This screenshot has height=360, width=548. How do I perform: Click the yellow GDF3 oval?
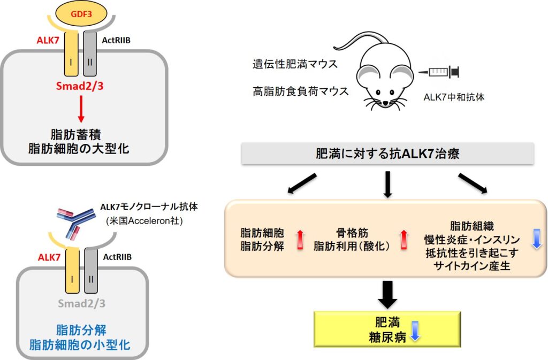tap(81, 14)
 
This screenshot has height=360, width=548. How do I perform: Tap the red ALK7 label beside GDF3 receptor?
tap(48, 40)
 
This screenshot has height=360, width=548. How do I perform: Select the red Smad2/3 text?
tap(80, 86)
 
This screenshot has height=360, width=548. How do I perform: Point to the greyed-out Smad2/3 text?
tap(81, 303)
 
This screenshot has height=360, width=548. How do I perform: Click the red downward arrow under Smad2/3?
tap(81, 109)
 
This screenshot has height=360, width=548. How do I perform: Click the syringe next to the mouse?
tap(439, 72)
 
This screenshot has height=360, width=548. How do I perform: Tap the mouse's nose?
tap(385, 103)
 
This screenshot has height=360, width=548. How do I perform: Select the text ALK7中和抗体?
tap(454, 97)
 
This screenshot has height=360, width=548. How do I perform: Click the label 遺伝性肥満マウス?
tap(295, 64)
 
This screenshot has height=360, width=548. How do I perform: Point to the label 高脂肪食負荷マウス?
tap(301, 91)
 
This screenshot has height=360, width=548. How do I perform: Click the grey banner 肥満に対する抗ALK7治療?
tap(387, 154)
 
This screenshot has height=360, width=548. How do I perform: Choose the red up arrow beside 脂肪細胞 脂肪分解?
tap(300, 240)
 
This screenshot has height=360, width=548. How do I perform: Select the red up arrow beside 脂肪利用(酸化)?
tap(404, 240)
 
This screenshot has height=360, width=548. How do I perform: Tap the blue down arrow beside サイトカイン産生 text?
tap(536, 239)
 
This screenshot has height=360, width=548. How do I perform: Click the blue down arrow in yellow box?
tap(415, 331)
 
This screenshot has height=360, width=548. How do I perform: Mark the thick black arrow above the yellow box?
tap(387, 295)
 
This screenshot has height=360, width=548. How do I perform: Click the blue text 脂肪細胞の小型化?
tap(80, 345)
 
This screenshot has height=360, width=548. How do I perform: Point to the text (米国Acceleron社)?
tap(144, 221)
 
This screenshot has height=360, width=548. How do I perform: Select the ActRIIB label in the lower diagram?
tap(117, 257)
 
